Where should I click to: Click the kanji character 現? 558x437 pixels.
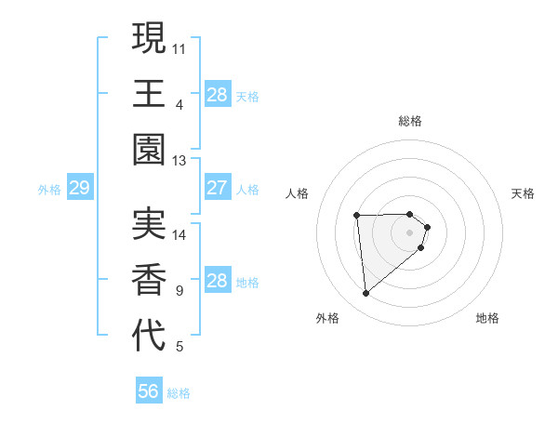(x=149, y=38)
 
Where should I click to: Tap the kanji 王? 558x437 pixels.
(x=149, y=95)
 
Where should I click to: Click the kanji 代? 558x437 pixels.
(x=149, y=336)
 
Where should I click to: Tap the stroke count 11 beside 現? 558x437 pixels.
(x=179, y=47)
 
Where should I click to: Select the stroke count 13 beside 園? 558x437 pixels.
(x=179, y=161)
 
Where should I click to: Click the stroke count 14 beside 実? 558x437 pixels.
(x=179, y=235)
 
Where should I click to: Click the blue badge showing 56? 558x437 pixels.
(x=149, y=391)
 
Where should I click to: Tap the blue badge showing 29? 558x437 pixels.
(x=79, y=189)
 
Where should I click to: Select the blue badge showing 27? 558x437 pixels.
(x=217, y=188)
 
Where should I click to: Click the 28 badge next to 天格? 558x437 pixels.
(x=217, y=95)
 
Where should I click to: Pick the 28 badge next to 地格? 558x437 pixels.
(x=217, y=281)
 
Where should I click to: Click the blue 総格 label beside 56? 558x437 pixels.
(x=179, y=393)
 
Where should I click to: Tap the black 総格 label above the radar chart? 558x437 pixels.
(x=410, y=121)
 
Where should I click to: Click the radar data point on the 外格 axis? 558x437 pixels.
(x=366, y=294)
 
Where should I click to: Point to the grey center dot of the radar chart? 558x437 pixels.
(x=410, y=232)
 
